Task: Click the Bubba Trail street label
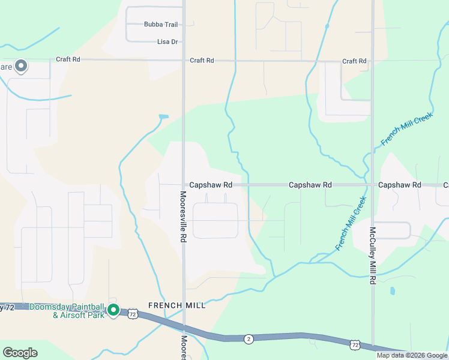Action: click(160, 25)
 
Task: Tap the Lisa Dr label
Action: click(167, 42)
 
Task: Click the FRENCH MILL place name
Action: click(178, 305)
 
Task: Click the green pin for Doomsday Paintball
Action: click(113, 310)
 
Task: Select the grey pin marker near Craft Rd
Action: click(21, 65)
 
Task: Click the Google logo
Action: click(20, 353)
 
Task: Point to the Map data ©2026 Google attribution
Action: click(412, 355)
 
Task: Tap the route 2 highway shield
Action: click(248, 340)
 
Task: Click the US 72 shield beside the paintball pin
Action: click(133, 314)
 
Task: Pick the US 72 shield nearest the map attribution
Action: click(355, 345)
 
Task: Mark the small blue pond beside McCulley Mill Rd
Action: click(391, 292)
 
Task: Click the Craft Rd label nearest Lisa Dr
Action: click(202, 61)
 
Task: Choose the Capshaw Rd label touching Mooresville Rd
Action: click(210, 185)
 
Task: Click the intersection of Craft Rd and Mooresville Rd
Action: click(183, 60)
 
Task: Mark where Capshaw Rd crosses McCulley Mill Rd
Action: click(372, 185)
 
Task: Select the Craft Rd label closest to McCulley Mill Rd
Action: click(354, 61)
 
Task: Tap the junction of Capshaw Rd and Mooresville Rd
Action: click(183, 185)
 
